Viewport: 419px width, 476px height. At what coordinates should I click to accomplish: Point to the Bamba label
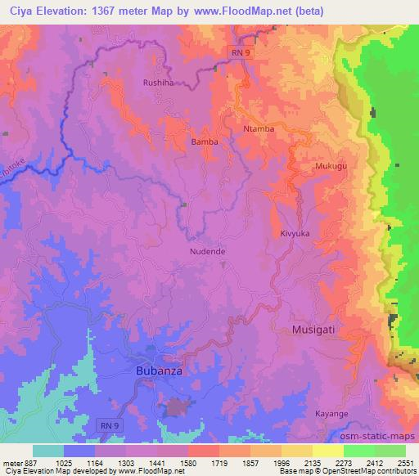click(x=205, y=141)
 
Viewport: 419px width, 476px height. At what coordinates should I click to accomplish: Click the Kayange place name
click(x=331, y=414)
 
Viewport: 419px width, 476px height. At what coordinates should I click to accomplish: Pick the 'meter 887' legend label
click(x=17, y=461)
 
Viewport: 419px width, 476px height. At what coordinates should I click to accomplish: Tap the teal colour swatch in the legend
click(x=48, y=450)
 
